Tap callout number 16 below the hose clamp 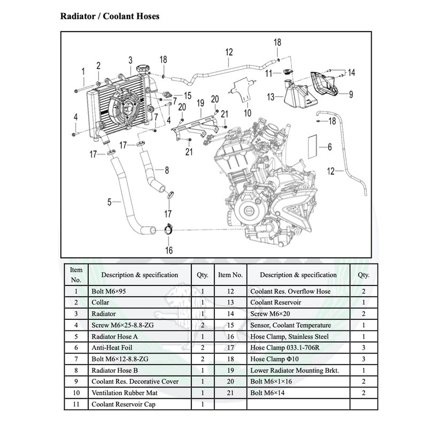(169, 250)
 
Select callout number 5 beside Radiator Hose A (109, 202)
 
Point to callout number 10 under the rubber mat (247, 113)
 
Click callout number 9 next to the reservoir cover (351, 95)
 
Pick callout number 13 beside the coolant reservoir (271, 97)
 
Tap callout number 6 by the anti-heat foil (329, 147)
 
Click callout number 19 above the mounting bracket (201, 103)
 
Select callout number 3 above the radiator (130, 60)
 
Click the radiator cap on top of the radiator (143, 70)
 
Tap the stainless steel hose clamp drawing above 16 (167, 229)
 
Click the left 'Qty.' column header (202, 275)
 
